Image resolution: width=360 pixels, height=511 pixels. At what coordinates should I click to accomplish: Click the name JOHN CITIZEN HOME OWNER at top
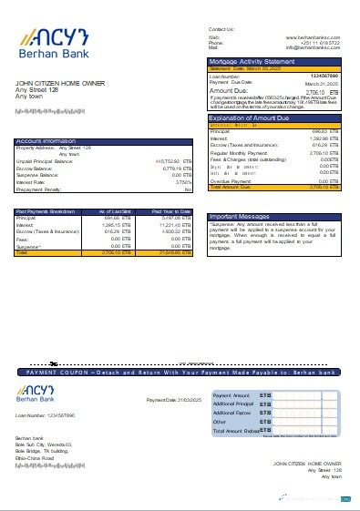[55, 84]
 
